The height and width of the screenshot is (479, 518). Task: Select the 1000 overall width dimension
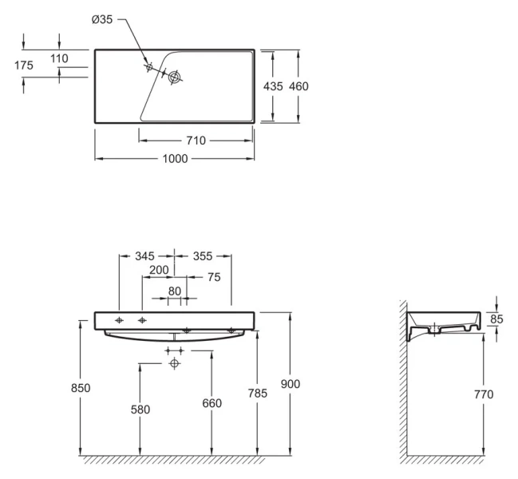174,159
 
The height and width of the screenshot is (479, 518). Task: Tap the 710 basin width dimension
196,141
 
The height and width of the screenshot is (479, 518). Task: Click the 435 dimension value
274,87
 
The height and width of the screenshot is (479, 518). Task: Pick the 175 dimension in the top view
24,66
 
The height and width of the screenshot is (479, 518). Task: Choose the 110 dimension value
59,58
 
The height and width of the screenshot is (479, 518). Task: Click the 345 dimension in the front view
144,256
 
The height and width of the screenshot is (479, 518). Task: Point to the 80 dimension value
175,291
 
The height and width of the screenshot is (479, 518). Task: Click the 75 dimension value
213,278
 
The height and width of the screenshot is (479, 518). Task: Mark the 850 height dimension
81,388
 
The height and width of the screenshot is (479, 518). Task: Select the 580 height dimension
140,410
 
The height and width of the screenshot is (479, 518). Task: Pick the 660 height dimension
212,404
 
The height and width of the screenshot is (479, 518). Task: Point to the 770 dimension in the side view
484,394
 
